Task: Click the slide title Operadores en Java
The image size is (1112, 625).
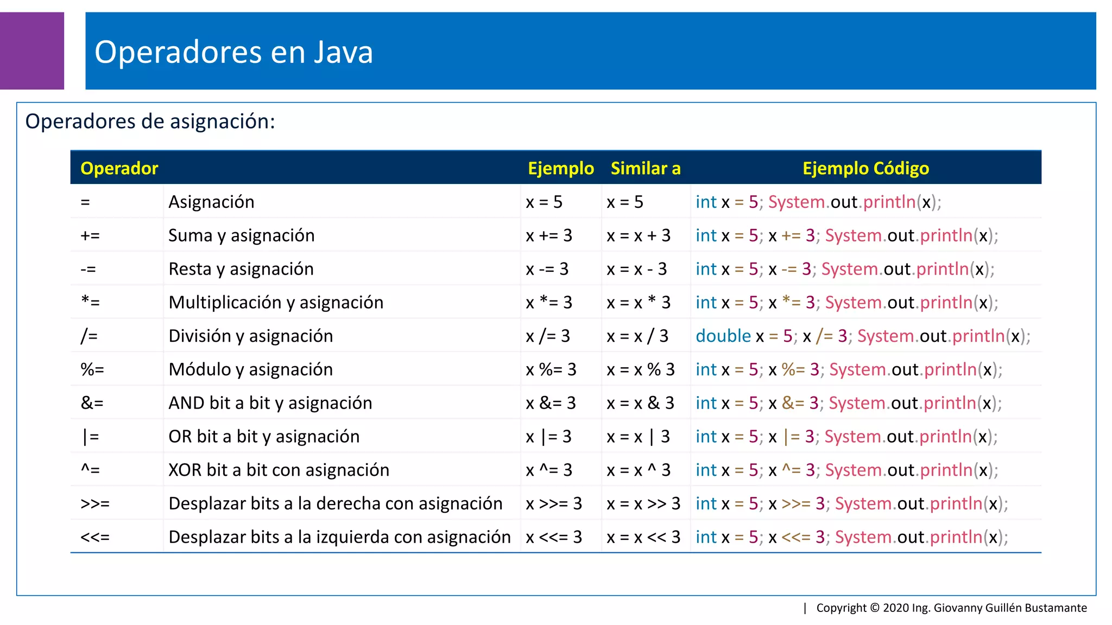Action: pyautogui.click(x=233, y=52)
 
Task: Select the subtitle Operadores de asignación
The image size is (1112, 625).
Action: pyautogui.click(x=150, y=121)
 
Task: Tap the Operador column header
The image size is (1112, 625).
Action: pyautogui.click(x=119, y=168)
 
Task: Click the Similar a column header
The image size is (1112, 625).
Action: pyautogui.click(x=645, y=168)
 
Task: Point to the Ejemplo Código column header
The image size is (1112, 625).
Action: pyautogui.click(x=865, y=168)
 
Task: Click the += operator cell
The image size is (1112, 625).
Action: pyautogui.click(x=90, y=235)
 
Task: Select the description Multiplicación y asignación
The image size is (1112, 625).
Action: pyautogui.click(x=276, y=302)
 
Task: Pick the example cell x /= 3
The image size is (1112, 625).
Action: pyautogui.click(x=548, y=336)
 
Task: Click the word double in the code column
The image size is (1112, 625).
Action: pyautogui.click(x=723, y=336)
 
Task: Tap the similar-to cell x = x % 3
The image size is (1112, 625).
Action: pyautogui.click(x=640, y=369)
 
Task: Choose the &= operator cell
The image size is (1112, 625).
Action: pyautogui.click(x=92, y=403)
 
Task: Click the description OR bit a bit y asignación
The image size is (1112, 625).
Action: pyautogui.click(x=264, y=436)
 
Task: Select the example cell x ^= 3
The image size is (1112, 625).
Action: pyautogui.click(x=549, y=470)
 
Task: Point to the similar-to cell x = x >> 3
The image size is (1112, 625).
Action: pyautogui.click(x=643, y=503)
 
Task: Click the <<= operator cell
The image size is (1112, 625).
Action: pyautogui.click(x=95, y=537)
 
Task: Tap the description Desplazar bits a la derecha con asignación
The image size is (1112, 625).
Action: pyautogui.click(x=335, y=503)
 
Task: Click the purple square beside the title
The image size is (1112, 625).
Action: pyautogui.click(x=32, y=50)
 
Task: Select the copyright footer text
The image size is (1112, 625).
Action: pyautogui.click(x=951, y=608)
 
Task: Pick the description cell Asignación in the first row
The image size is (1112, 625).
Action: pyautogui.click(x=211, y=202)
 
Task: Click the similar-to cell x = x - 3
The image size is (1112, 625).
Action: pyautogui.click(x=636, y=269)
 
